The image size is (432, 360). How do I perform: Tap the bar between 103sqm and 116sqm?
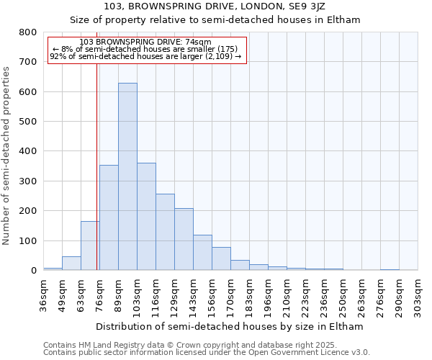click(146, 216)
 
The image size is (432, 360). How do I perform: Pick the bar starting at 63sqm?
click(90, 246)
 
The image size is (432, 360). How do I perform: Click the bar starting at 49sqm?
click(71, 264)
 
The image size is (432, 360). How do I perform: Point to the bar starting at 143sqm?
click(202, 253)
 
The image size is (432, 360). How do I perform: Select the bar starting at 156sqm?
click(221, 258)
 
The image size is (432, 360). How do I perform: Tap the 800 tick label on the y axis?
click(28, 32)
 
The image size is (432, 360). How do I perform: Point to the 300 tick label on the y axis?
click(28, 181)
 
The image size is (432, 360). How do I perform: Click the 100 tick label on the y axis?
click(28, 240)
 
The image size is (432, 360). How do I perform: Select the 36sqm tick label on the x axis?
click(43, 295)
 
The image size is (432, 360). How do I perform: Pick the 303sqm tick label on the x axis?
click(418, 295)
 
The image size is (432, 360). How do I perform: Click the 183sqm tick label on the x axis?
click(249, 295)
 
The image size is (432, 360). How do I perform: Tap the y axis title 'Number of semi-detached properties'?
click(6, 155)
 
